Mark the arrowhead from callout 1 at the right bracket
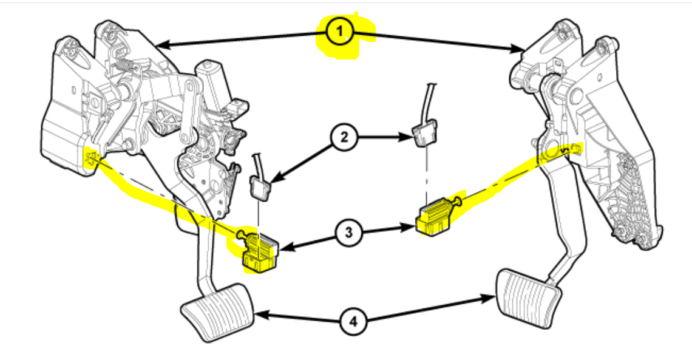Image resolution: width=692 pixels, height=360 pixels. [x=521, y=49]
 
